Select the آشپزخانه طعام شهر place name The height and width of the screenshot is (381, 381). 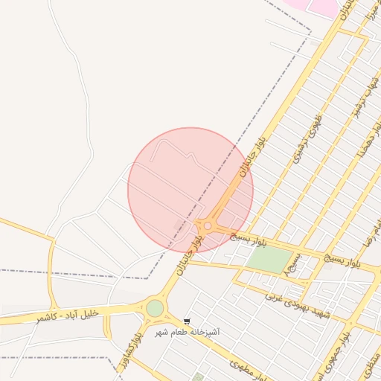tap(187, 332)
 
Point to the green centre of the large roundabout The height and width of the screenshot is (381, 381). tap(155, 308)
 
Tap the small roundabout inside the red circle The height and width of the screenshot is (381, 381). tap(208, 226)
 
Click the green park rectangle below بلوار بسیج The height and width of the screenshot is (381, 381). tap(269, 259)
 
